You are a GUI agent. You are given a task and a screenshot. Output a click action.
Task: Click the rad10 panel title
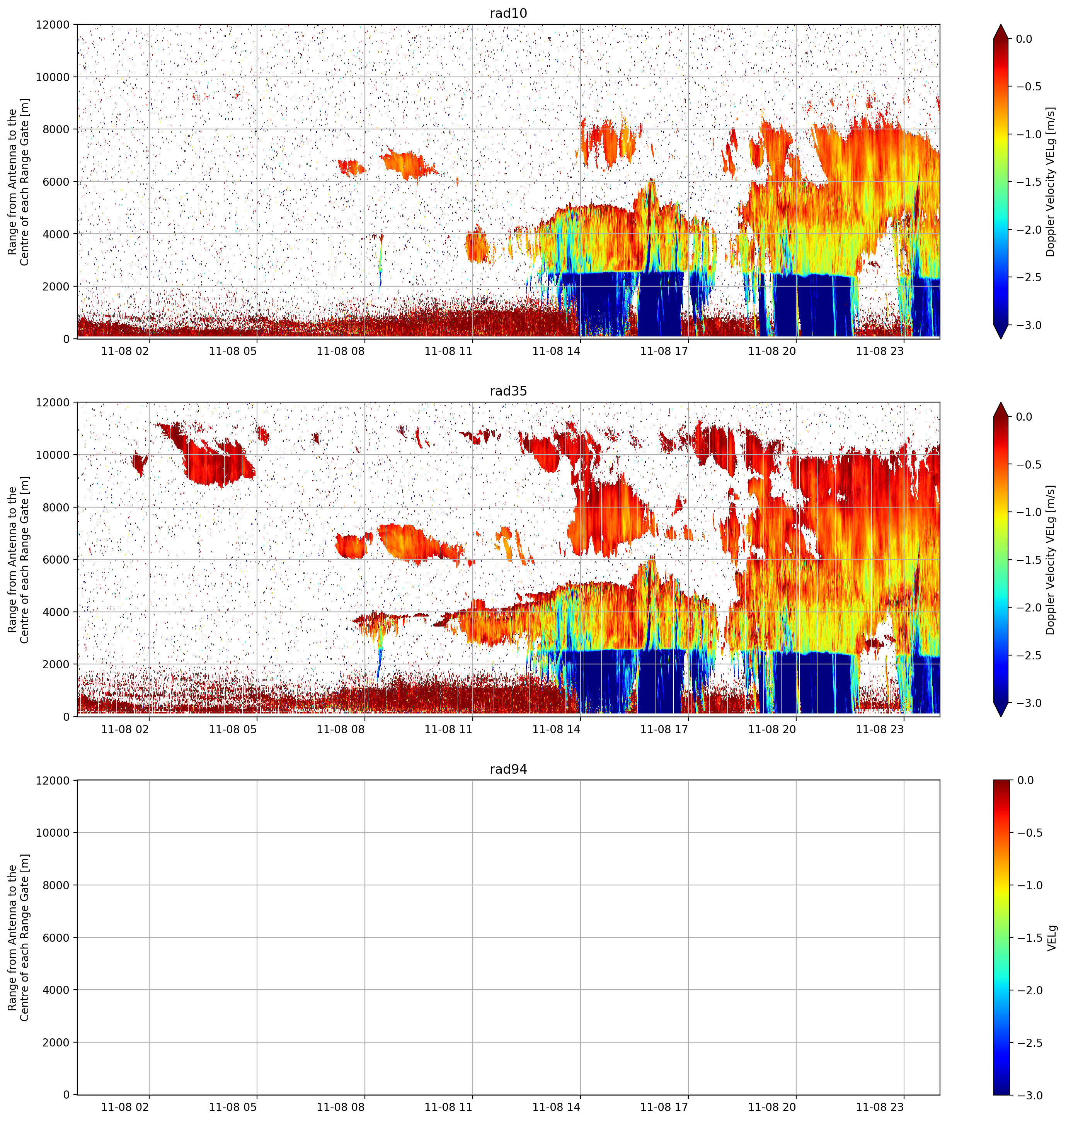[508, 13]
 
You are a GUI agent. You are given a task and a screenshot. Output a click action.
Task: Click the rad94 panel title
[508, 769]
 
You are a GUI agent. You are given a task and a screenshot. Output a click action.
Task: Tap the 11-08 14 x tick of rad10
[556, 351]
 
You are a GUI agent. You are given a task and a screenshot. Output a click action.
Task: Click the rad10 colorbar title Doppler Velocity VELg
[1051, 182]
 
